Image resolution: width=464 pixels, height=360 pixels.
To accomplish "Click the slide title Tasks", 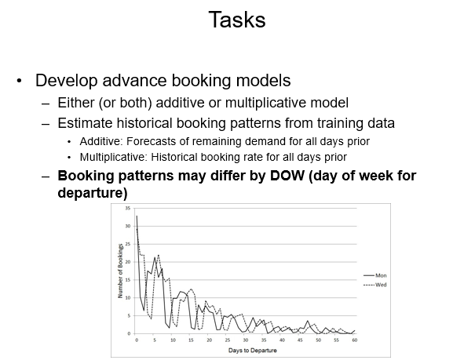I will (236, 20).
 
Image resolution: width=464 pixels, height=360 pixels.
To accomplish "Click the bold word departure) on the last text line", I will (93, 192).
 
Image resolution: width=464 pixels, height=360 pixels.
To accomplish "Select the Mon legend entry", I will (382, 275).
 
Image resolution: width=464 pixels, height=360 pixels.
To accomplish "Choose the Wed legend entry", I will (382, 285).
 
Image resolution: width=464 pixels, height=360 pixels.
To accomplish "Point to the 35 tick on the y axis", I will (129, 209).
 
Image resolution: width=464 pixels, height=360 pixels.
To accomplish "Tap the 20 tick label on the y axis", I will (129, 262).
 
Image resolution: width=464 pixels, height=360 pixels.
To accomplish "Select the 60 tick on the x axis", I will (355, 340).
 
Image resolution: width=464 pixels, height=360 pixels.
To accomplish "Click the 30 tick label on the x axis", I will (246, 340).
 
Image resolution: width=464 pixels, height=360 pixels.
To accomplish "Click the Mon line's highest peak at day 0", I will (137, 216).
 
